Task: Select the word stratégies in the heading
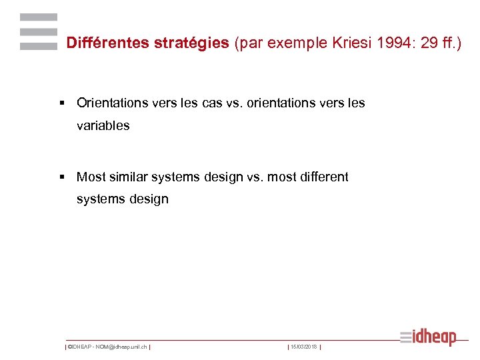point(192,43)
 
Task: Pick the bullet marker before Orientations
point(62,103)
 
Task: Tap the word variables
point(103,125)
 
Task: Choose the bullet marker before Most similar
point(62,177)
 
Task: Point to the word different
point(323,177)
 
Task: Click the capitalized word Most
point(91,177)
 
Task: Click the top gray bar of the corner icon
point(39,17)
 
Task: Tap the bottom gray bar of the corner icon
point(39,47)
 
